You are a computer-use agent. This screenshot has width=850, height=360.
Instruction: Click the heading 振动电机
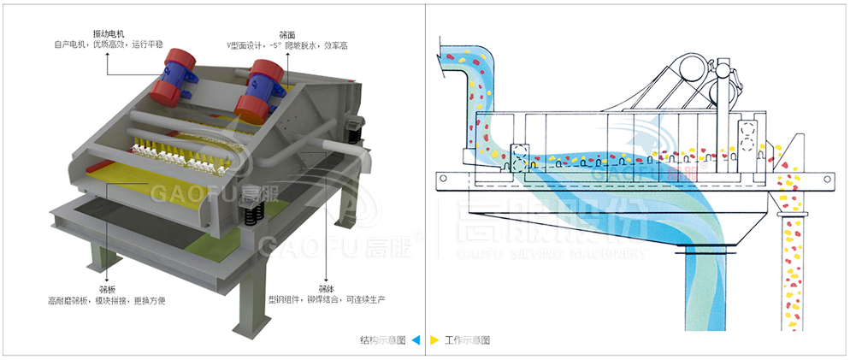pyautogui.click(x=108, y=31)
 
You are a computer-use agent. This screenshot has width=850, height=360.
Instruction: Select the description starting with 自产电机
pyautogui.click(x=108, y=43)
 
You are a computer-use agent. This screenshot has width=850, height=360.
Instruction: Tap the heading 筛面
pyautogui.click(x=286, y=31)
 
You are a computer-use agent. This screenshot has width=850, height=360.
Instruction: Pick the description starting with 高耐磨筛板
pyautogui.click(x=107, y=300)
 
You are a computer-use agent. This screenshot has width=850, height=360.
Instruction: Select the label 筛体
pyautogui.click(x=326, y=287)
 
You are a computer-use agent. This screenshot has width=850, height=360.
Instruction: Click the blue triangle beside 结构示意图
pyautogui.click(x=416, y=340)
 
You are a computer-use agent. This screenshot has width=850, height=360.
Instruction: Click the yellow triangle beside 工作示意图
pyautogui.click(x=434, y=340)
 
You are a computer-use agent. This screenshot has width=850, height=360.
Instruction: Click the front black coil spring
pyautogui.click(x=250, y=215)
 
